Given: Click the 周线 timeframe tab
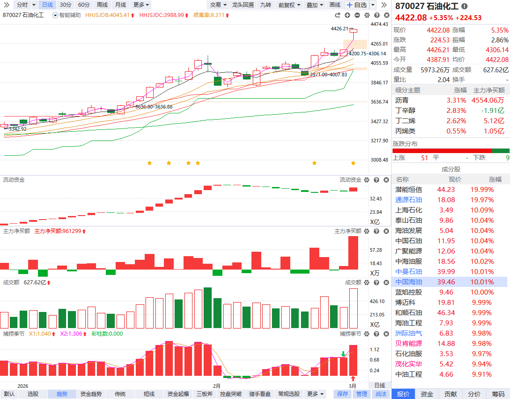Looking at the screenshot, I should (102, 5).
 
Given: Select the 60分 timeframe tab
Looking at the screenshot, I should (84, 5).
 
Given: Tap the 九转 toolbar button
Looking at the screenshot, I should (265, 5).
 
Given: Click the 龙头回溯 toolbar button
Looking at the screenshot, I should (242, 5).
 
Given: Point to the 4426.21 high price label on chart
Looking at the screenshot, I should (339, 29).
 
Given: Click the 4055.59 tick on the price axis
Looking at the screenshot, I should (379, 63).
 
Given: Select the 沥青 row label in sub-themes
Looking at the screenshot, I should (401, 100).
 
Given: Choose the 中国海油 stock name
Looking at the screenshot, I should (408, 282).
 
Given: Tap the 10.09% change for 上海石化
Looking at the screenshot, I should (482, 210).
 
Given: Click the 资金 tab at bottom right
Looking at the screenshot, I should (427, 394).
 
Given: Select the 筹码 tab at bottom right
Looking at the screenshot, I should (498, 394).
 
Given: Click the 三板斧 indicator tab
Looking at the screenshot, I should (205, 394).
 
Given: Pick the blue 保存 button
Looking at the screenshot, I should (343, 394).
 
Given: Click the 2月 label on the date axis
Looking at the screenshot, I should (217, 386).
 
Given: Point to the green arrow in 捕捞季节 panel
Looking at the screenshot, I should (343, 354).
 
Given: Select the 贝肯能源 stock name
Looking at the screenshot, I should (408, 344).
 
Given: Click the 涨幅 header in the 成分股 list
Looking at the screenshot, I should (495, 179).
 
